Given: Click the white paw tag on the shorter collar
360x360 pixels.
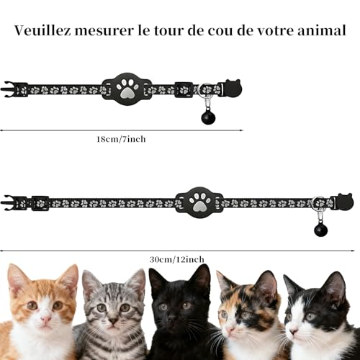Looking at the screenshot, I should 127,89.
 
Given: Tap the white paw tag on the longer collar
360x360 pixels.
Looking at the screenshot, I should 199,202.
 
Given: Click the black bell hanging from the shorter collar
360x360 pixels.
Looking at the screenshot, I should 207,117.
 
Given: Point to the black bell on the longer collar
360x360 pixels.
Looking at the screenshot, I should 320,230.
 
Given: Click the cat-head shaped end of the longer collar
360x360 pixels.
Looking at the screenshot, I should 343,202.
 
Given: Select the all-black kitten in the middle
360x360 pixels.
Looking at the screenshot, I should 179,313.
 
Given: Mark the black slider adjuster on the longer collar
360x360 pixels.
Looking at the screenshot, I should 40,203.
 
